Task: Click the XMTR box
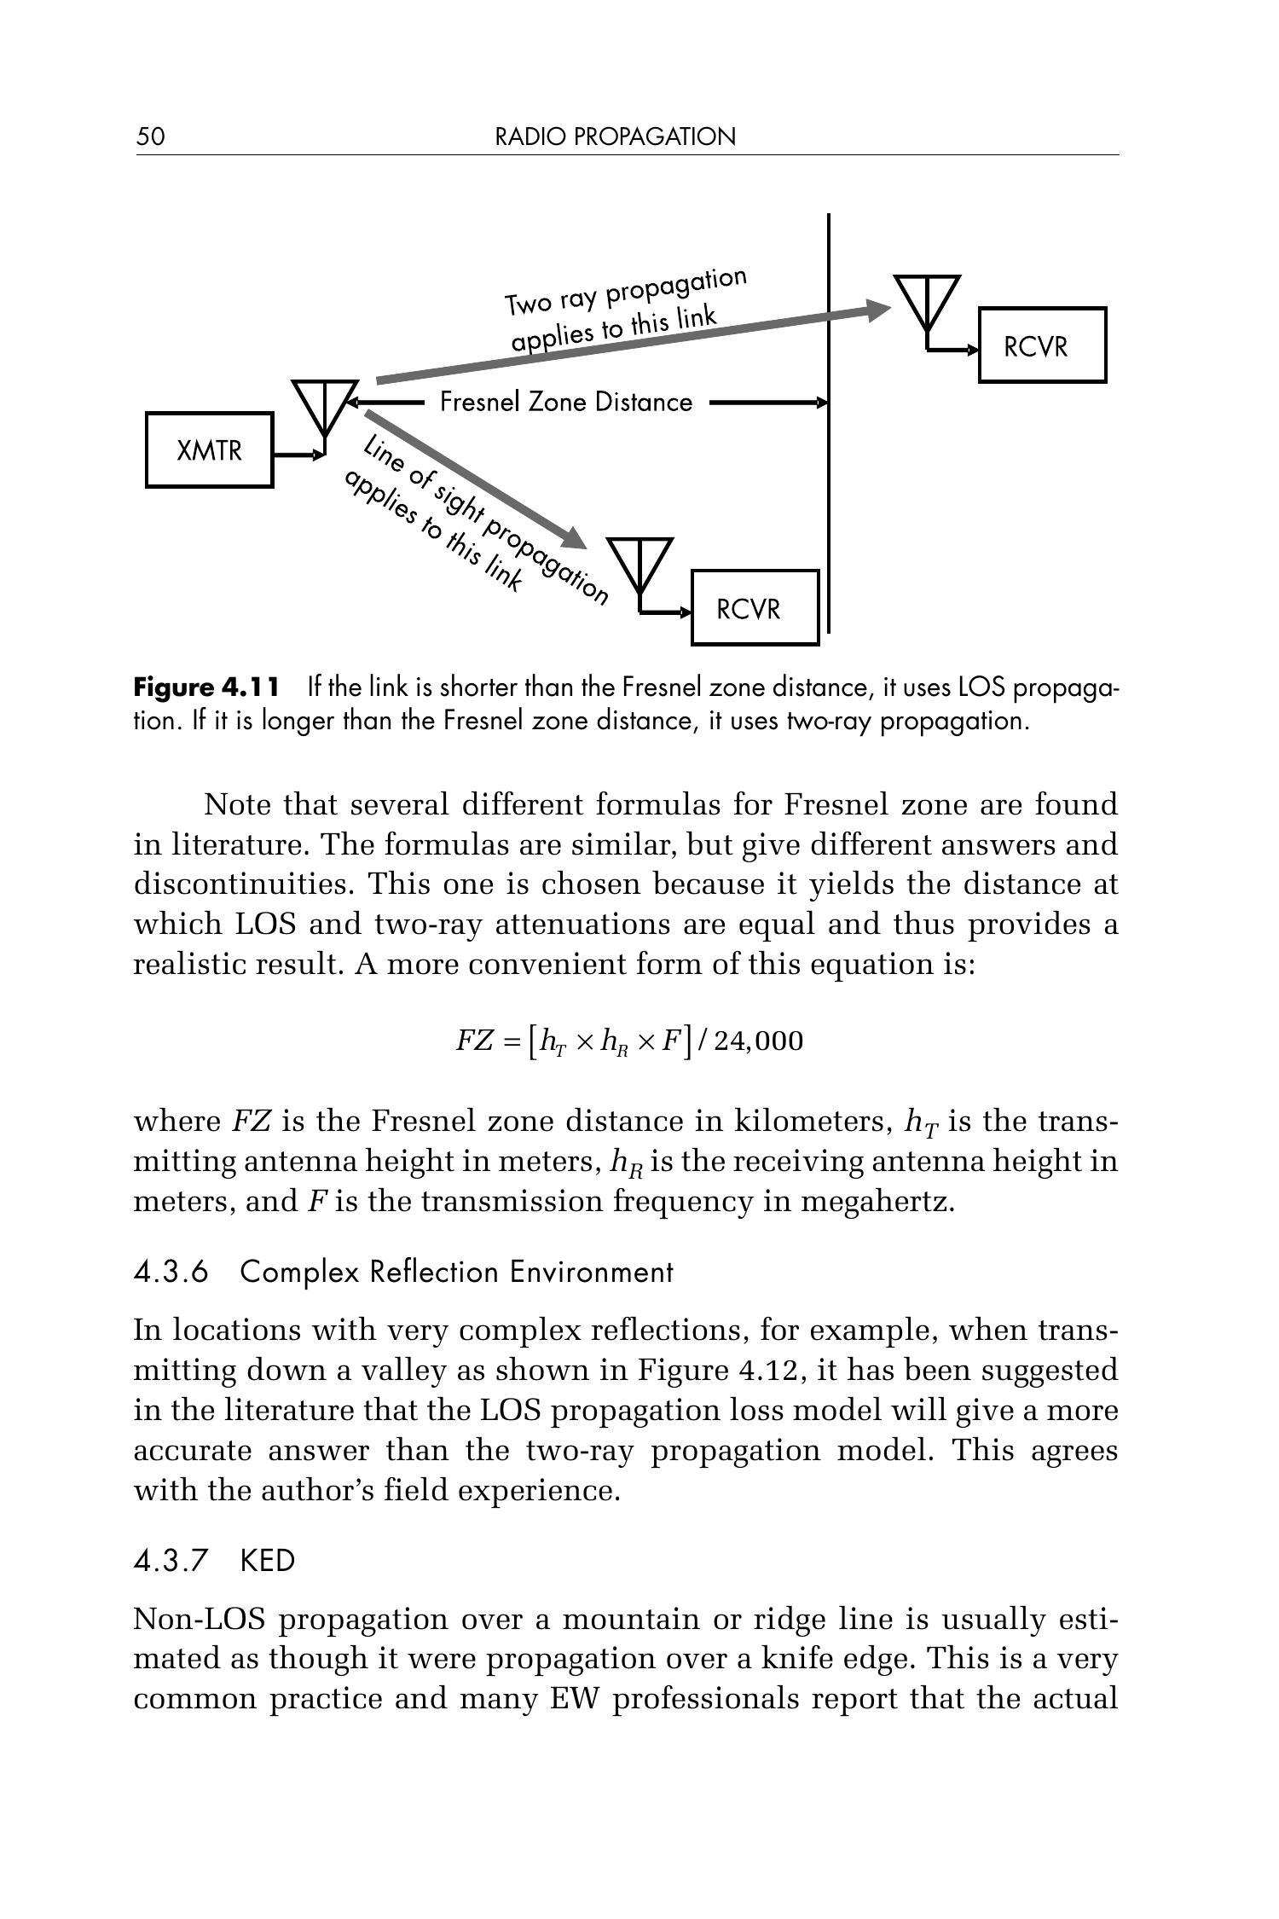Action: [x=209, y=449]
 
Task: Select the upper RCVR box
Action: [x=1041, y=345]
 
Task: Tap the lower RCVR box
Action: [x=754, y=608]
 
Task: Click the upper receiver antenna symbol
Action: [x=927, y=303]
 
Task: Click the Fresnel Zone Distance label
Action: [x=566, y=402]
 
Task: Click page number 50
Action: [x=150, y=136]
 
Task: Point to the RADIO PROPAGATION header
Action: [x=615, y=136]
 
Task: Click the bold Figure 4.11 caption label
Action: [x=206, y=687]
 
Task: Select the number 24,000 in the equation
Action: [x=758, y=1041]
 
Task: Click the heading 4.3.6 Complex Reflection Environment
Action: [x=403, y=1272]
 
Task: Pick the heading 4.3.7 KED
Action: [x=214, y=1561]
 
